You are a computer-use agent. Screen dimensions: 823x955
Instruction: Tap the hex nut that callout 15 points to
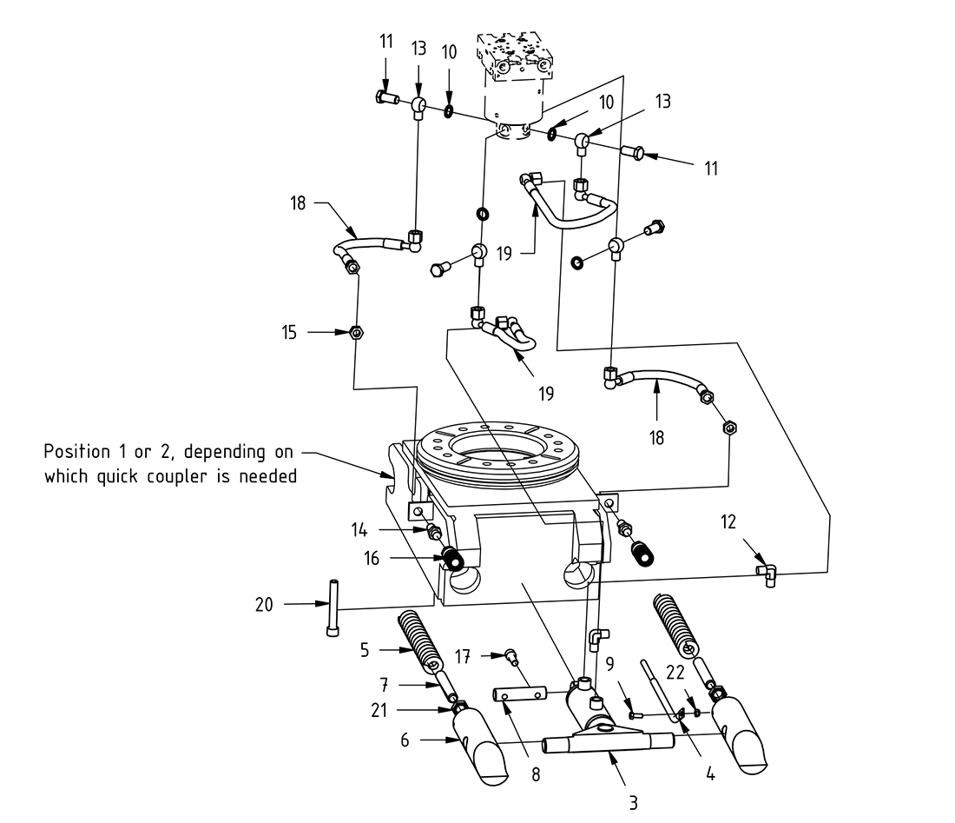(354, 331)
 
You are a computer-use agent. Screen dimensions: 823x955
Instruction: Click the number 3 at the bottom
(633, 803)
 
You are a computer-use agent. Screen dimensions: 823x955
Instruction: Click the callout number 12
(728, 522)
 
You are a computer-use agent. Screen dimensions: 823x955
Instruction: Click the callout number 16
(372, 559)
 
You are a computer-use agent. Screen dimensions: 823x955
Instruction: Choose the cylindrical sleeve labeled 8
(520, 694)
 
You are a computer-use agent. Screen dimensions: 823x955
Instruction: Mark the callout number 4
(710, 772)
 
